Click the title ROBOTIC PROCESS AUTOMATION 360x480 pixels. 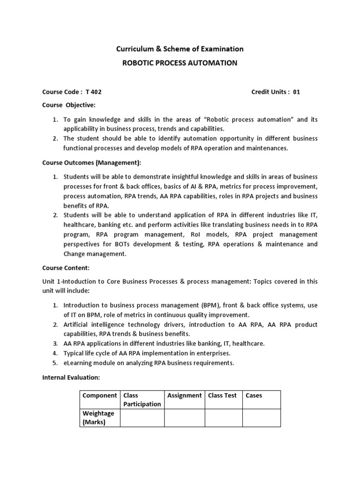(180, 63)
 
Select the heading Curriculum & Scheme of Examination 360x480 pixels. (180, 49)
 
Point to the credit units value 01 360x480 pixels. (296, 92)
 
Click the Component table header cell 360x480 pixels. (100, 395)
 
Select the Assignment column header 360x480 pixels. (185, 395)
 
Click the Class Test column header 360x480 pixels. (223, 395)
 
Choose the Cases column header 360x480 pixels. (254, 395)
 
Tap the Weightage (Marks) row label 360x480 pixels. (99, 418)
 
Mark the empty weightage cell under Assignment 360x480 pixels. (185, 418)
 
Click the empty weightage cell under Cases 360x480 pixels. (261, 418)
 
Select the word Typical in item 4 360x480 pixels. (74, 353)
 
